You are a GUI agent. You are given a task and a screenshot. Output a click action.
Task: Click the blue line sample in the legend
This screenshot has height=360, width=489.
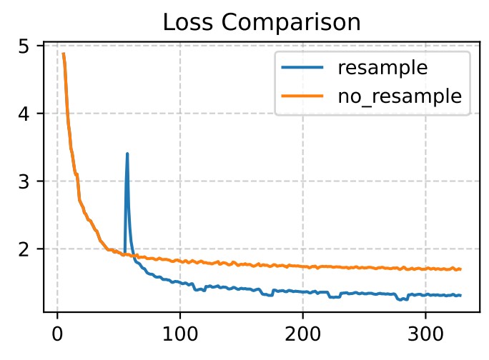coord(302,69)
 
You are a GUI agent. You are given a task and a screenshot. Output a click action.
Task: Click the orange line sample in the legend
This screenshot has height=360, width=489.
coord(302,97)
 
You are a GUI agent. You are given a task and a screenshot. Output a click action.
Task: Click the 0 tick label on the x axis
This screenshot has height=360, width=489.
coord(57,333)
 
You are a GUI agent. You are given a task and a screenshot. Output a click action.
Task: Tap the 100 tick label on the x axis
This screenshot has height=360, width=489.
coord(180,333)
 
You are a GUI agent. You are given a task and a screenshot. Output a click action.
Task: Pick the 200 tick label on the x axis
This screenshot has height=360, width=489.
coord(303,333)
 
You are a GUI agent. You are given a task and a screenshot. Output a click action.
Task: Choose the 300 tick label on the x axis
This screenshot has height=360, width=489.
coord(426,333)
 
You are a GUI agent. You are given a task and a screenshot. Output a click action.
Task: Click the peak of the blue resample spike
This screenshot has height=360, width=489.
coord(127,154)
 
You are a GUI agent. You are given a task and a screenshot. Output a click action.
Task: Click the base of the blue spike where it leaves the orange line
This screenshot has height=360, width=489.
coord(124,254)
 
